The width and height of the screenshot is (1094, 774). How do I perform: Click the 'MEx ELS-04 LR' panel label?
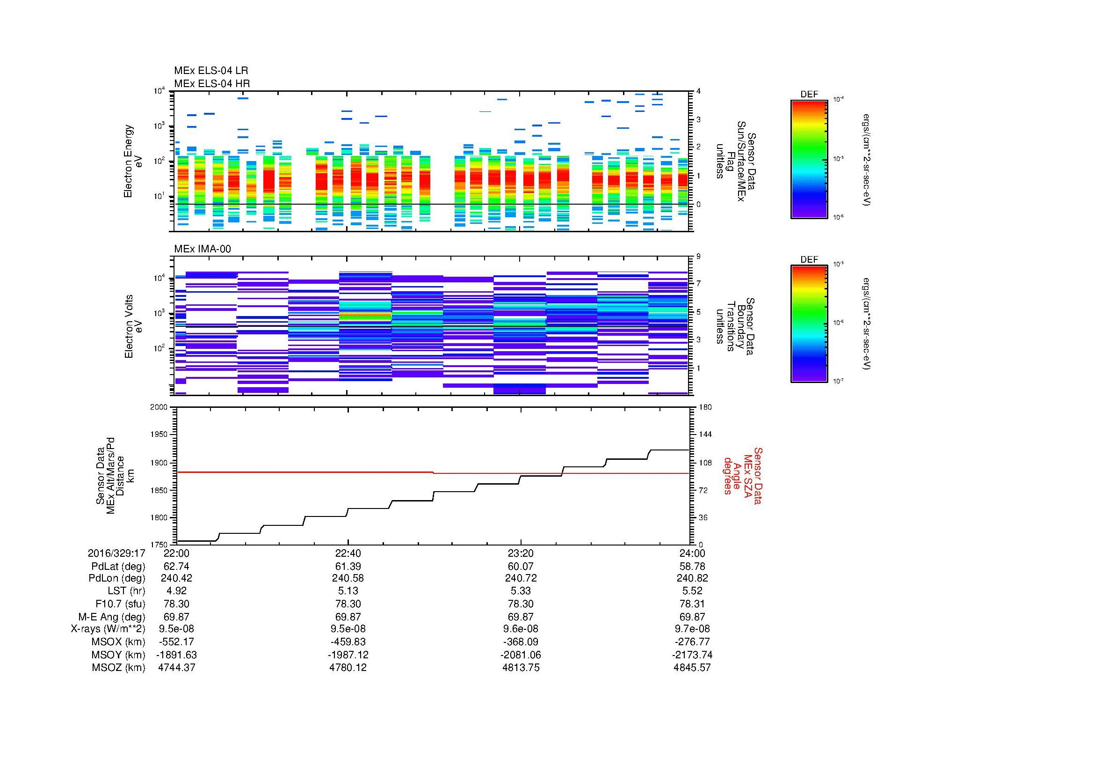click(x=210, y=71)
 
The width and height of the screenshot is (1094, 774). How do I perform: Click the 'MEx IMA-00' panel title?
click(x=203, y=249)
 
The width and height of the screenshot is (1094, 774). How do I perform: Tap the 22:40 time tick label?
click(x=348, y=553)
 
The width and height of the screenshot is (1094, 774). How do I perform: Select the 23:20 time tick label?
click(x=521, y=553)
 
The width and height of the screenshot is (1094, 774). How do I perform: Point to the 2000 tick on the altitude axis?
click(x=159, y=407)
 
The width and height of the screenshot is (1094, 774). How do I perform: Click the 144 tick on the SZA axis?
click(x=705, y=435)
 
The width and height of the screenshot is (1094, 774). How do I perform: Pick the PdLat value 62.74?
click(x=176, y=566)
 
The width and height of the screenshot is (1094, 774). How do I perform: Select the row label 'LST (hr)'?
click(x=126, y=591)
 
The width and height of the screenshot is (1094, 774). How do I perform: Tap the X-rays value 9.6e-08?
click(x=521, y=629)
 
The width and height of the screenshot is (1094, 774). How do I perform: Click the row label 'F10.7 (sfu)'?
click(x=120, y=604)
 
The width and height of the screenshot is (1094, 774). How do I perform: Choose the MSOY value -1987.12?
click(x=348, y=655)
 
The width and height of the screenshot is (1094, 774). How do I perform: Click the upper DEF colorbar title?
click(x=809, y=95)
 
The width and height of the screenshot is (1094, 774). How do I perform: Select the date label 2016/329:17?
click(x=116, y=553)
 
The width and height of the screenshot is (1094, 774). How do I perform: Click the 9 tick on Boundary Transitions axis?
click(x=698, y=257)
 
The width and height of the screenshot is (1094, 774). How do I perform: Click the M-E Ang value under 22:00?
click(x=176, y=617)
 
